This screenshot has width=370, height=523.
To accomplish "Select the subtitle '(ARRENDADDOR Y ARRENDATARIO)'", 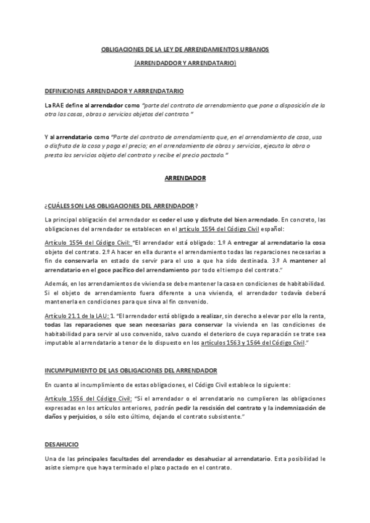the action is [185, 63].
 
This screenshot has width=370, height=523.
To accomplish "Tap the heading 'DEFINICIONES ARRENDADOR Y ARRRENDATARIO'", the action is [114, 90].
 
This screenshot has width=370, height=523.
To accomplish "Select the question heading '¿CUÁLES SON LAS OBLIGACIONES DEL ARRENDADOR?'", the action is [122, 205].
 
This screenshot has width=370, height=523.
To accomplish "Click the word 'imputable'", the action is [60, 342].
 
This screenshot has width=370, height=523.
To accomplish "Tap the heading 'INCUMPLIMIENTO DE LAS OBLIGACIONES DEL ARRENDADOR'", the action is [130, 370].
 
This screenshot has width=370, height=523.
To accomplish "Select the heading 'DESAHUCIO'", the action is [61, 445].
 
